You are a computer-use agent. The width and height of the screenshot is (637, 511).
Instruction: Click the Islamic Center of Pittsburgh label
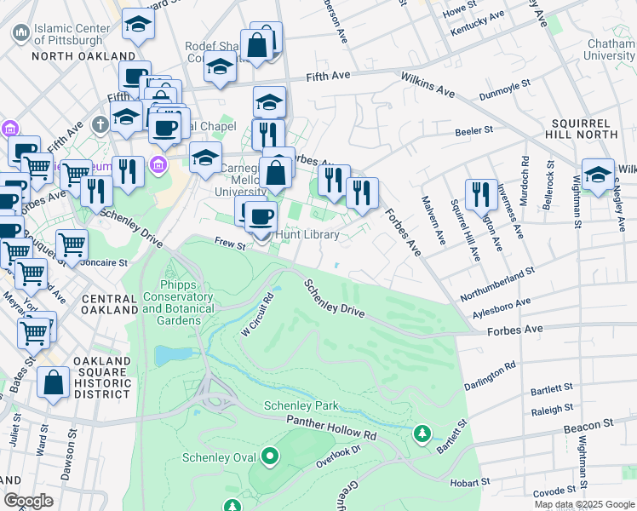pyautogui.click(x=72, y=35)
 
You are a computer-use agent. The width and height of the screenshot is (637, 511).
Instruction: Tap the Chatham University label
pyautogui.click(x=610, y=49)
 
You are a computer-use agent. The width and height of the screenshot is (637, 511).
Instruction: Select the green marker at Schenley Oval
pyautogui.click(x=270, y=458)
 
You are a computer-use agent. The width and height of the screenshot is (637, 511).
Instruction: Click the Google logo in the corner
pyautogui.click(x=28, y=501)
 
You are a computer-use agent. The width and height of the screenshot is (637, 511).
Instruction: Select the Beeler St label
pyautogui.click(x=474, y=130)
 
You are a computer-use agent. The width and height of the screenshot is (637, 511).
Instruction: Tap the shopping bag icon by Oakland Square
pyautogui.click(x=54, y=385)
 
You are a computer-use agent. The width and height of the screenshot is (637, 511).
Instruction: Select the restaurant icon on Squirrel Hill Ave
pyautogui.click(x=481, y=195)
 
